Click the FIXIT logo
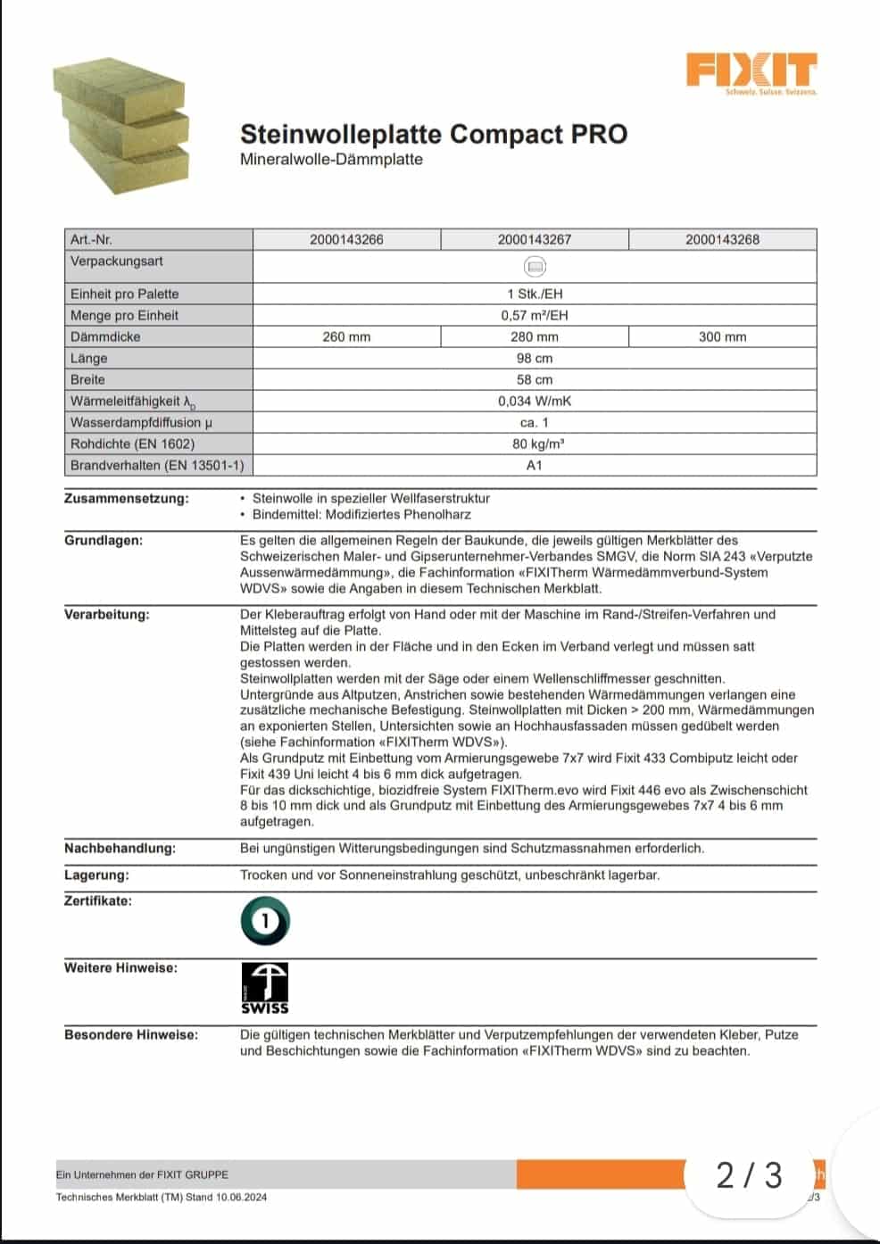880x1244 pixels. [751, 71]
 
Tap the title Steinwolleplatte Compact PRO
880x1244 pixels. [433, 134]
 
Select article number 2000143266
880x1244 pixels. [346, 240]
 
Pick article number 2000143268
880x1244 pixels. [722, 240]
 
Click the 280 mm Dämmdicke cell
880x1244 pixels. [534, 337]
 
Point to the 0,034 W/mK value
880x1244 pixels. [534, 402]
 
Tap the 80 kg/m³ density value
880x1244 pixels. [534, 444]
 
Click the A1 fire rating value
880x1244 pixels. [534, 466]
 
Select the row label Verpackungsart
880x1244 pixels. [117, 261]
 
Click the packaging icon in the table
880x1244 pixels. [534, 267]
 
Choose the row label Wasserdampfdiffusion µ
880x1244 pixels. [141, 423]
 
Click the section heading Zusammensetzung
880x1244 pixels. [127, 499]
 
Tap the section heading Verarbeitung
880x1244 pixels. [107, 615]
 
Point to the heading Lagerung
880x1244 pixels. [96, 875]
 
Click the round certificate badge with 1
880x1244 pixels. [265, 922]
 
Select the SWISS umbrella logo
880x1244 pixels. [265, 988]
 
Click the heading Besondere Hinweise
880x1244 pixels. [131, 1035]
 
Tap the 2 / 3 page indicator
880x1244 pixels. [749, 1175]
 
